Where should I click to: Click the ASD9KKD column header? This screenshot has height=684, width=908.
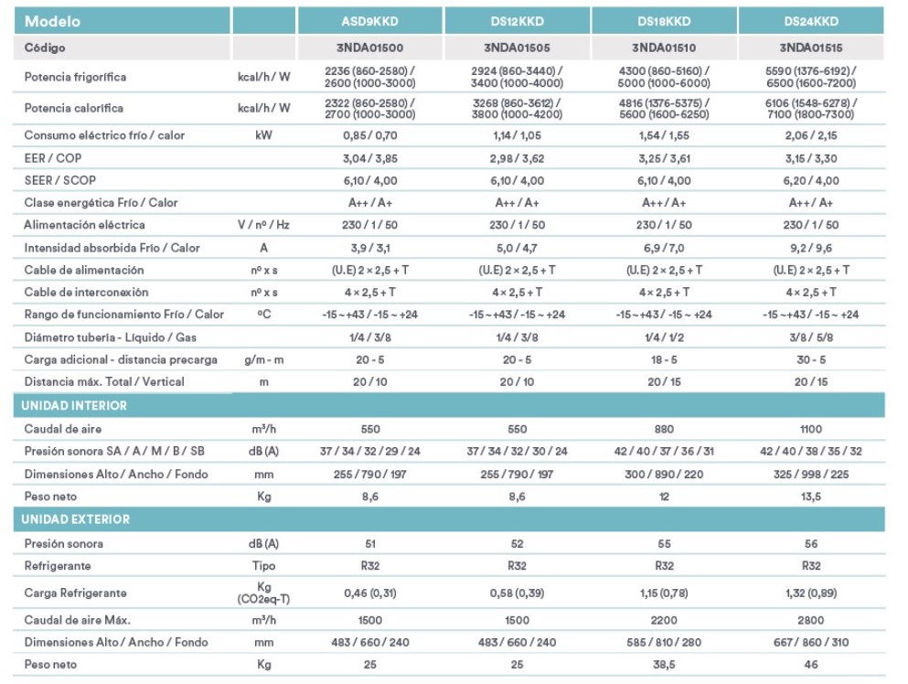pos(369,21)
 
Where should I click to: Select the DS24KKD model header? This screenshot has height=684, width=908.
pos(811,21)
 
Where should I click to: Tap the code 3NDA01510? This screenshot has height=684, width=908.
pos(664,48)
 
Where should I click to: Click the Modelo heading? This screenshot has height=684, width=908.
pos(52,21)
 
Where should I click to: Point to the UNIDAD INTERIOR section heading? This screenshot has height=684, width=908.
pos(73,405)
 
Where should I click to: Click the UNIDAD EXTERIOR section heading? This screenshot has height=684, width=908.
pos(75,519)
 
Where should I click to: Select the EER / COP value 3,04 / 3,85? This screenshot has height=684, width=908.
pos(370,158)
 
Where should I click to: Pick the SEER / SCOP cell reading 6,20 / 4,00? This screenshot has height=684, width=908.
pos(811,181)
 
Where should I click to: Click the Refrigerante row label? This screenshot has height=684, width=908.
pos(58,566)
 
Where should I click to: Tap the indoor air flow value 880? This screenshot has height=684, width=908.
pos(664,429)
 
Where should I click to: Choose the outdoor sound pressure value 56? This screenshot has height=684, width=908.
pos(811,544)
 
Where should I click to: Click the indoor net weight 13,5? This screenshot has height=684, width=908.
pos(811,497)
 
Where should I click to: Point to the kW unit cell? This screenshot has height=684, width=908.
pos(263,135)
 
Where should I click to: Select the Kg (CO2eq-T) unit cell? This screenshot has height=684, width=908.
pos(263,593)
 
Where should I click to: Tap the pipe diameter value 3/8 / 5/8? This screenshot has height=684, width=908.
pos(811,337)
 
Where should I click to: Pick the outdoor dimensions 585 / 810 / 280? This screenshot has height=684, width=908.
pos(664,642)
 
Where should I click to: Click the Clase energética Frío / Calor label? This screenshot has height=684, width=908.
pos(101,203)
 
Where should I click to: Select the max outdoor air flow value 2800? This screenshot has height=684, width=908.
pos(811,620)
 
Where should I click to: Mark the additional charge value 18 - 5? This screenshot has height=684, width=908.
pos(664,359)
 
